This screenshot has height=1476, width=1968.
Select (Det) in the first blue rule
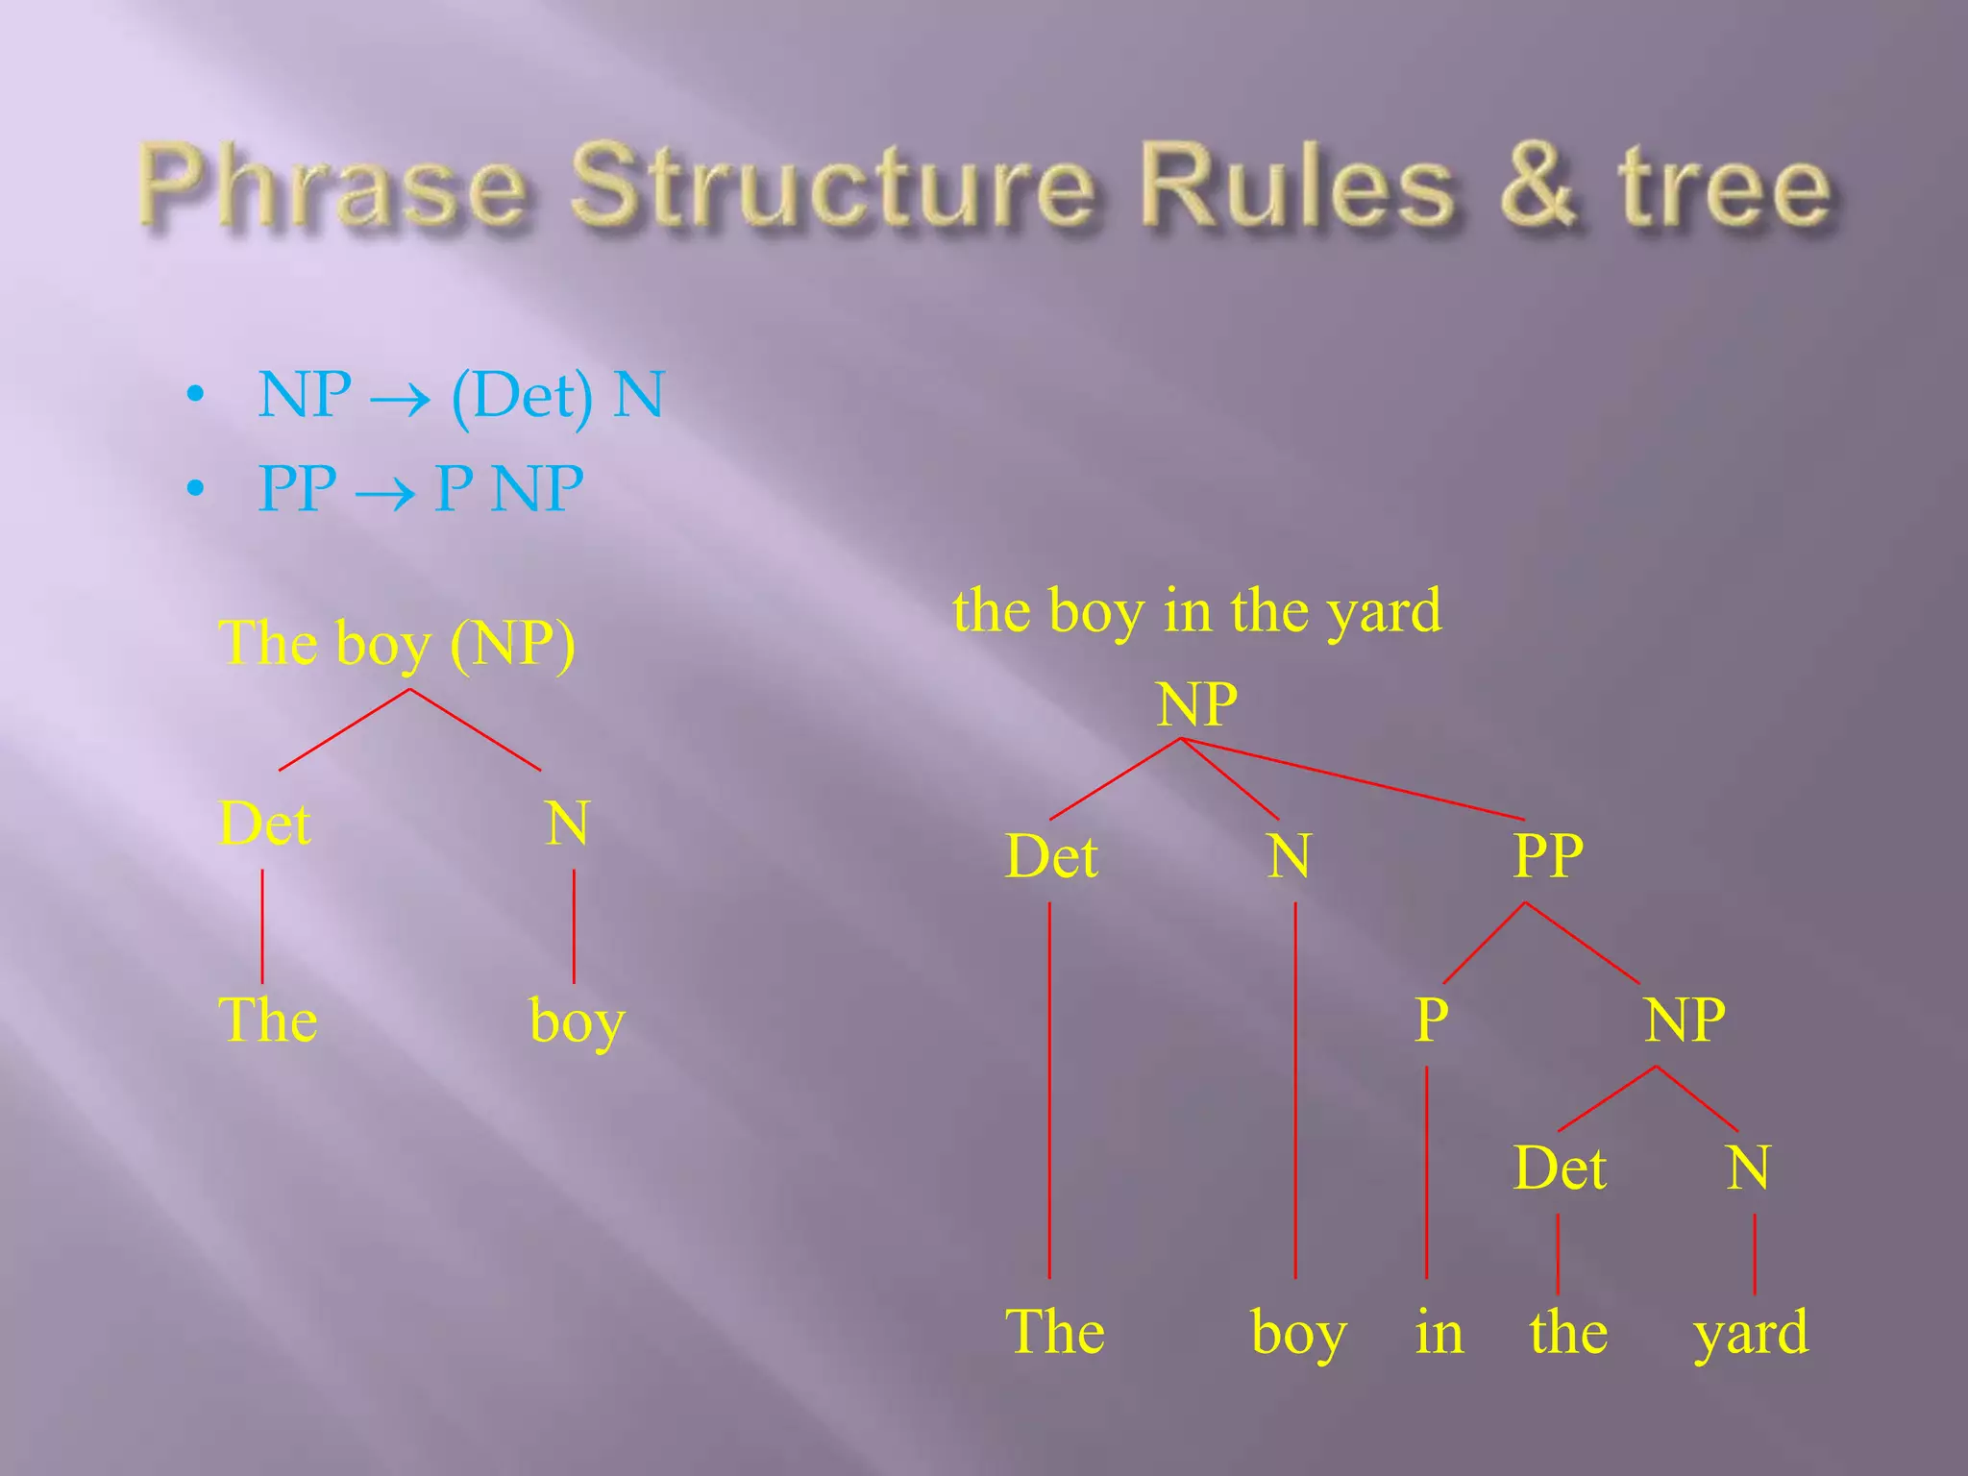[x=521, y=396]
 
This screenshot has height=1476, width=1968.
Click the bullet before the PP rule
[x=196, y=489]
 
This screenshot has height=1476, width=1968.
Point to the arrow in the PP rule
[x=384, y=493]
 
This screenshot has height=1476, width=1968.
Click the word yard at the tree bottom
[x=1751, y=1334]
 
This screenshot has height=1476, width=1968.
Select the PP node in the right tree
[x=1547, y=855]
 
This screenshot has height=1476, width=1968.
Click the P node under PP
[x=1431, y=1020]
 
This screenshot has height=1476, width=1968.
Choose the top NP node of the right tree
[x=1196, y=704]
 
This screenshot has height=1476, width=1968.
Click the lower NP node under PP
[x=1684, y=1020]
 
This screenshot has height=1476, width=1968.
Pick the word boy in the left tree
[x=577, y=1021]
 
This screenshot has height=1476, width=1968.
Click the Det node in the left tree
[x=265, y=824]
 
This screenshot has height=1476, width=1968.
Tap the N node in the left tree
[x=567, y=824]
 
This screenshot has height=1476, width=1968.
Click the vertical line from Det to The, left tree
[x=262, y=926]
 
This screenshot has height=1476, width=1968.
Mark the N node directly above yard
[x=1747, y=1168]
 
